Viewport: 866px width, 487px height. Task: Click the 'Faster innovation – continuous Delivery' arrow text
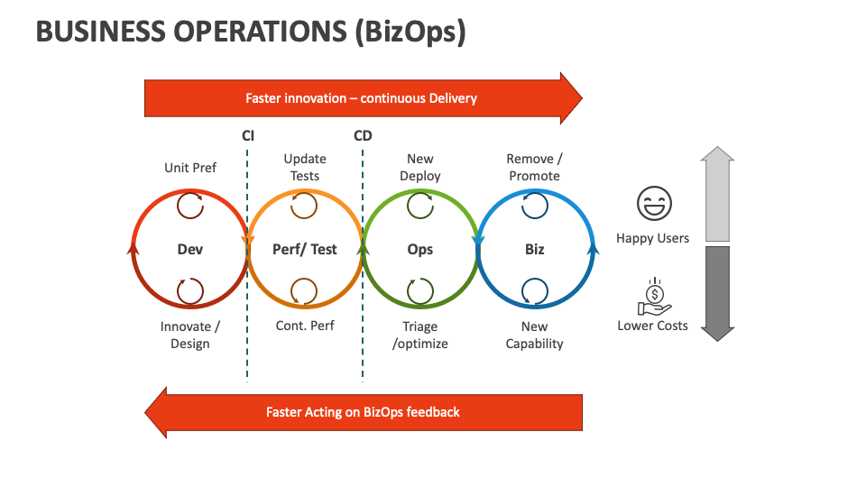click(361, 98)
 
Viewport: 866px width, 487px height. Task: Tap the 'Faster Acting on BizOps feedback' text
click(363, 412)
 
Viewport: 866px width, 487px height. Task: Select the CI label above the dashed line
click(248, 136)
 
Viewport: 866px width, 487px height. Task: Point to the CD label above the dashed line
click(363, 136)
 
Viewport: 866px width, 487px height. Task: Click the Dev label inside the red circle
click(190, 249)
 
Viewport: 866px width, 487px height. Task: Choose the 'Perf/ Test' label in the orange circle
click(305, 249)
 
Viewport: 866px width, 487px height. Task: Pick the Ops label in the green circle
click(420, 249)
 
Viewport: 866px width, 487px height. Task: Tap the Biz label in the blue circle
click(535, 249)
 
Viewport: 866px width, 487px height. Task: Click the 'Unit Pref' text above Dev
click(190, 168)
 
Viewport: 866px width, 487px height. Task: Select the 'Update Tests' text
click(305, 168)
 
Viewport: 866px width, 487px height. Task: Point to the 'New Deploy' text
click(420, 168)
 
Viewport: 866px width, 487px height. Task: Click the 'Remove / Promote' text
click(535, 168)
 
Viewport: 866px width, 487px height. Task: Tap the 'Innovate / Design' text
click(190, 335)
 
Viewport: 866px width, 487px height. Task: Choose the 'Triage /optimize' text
click(420, 335)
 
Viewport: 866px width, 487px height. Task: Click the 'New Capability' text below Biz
click(535, 335)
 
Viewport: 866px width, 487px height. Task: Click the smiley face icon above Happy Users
click(652, 205)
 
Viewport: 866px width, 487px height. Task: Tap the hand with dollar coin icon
click(652, 294)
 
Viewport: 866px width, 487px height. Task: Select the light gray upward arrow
click(717, 194)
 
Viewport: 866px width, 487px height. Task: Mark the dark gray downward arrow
click(717, 293)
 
